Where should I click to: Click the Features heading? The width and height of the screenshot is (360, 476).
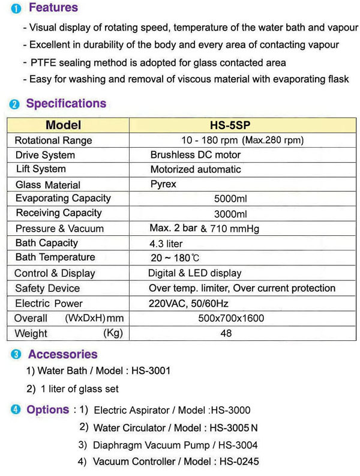pyautogui.click(x=53, y=8)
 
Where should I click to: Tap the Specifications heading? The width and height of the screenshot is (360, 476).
pyautogui.click(x=66, y=103)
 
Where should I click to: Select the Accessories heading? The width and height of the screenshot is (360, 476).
pyautogui.click(x=62, y=354)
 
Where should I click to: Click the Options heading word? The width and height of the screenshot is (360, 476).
pyautogui.click(x=48, y=409)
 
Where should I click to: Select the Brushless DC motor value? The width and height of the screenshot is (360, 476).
pyautogui.click(x=195, y=155)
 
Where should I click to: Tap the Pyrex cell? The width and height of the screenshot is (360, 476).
pyautogui.click(x=163, y=184)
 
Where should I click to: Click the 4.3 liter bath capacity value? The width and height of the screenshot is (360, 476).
pyautogui.click(x=166, y=244)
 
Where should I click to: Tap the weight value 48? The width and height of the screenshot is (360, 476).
pyautogui.click(x=226, y=333)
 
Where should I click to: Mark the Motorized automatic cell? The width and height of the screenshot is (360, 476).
pyautogui.click(x=196, y=169)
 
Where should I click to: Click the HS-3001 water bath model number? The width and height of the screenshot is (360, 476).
pyautogui.click(x=150, y=370)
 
